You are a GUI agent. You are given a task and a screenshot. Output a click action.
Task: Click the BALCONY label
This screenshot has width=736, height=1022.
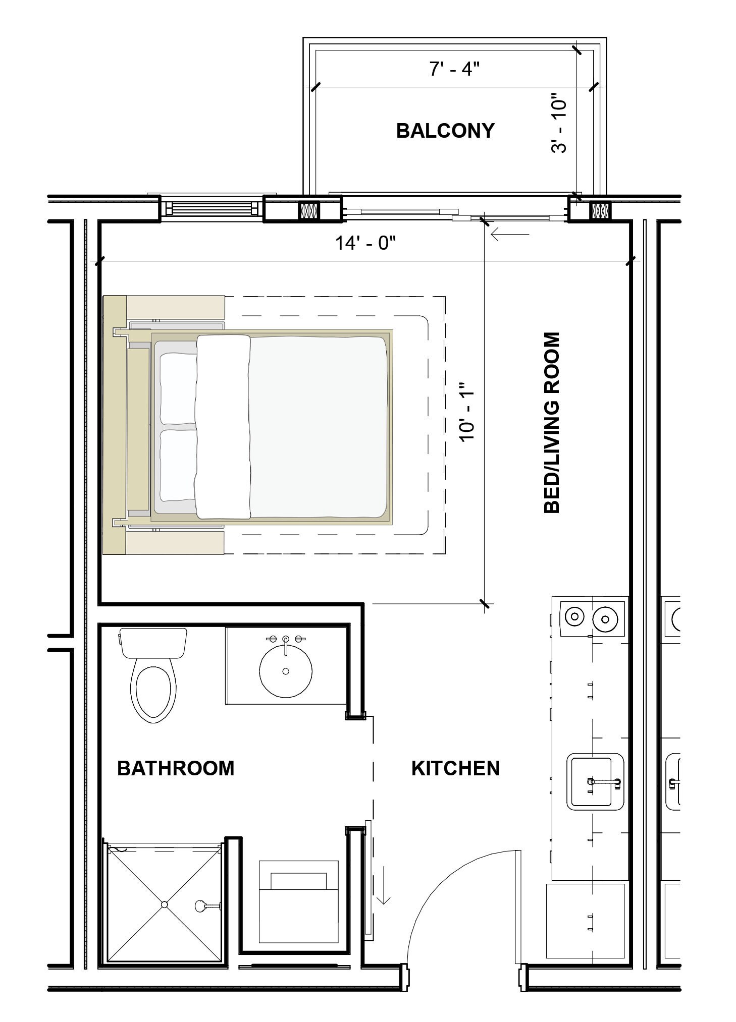[445, 131]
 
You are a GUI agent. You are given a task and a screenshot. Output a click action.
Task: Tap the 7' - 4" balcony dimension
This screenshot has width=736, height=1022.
[454, 69]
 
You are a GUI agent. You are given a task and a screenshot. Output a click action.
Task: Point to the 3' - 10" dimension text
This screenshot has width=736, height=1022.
[559, 123]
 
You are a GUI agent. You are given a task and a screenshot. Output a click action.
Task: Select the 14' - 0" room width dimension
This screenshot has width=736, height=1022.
[365, 243]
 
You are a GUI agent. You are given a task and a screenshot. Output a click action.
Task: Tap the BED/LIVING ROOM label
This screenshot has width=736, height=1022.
[552, 422]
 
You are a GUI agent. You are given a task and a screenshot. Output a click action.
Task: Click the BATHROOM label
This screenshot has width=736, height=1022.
[176, 768]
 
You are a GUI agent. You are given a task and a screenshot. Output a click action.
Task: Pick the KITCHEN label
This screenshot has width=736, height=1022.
[455, 768]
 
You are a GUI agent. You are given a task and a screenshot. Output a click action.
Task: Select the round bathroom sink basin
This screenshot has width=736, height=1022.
[286, 671]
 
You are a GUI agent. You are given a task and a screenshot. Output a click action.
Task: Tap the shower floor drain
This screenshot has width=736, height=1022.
[164, 905]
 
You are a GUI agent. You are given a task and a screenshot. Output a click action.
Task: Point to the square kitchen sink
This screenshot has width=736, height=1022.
[595, 782]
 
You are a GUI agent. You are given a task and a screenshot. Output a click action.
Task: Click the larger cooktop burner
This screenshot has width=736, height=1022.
[605, 617]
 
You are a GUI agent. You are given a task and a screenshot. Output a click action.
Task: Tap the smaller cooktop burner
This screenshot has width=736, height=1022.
[574, 616]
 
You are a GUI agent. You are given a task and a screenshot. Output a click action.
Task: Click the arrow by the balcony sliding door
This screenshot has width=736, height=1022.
[510, 235]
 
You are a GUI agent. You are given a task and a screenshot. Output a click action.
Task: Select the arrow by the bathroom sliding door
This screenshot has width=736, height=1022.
[384, 891]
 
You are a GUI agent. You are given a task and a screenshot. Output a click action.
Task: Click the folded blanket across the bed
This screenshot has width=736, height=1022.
[223, 427]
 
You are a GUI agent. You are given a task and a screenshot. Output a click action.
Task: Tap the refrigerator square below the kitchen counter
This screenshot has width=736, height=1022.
[586, 921]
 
